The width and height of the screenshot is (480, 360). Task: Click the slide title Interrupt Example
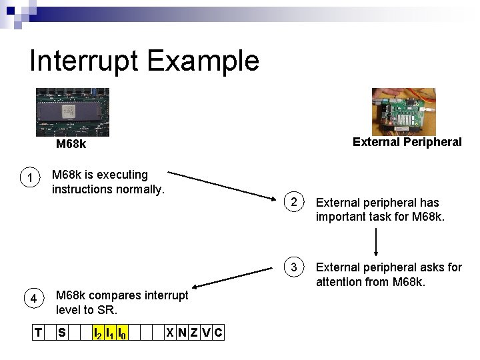[x=144, y=61]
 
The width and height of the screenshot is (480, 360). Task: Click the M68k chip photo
[x=72, y=112]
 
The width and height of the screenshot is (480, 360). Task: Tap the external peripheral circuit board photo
[x=403, y=112]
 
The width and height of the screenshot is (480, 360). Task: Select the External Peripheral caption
[x=407, y=142]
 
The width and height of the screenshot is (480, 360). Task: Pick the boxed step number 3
[x=293, y=267]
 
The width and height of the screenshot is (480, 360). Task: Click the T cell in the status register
[x=39, y=332]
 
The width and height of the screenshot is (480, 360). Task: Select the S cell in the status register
[x=61, y=332]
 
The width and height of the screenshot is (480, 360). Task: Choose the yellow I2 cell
[x=97, y=332]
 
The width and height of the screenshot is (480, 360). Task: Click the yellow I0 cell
[x=122, y=332]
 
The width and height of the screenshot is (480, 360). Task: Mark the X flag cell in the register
[x=170, y=332]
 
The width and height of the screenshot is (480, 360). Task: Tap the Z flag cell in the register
[x=194, y=332]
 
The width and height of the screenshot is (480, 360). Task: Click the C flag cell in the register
[x=218, y=332]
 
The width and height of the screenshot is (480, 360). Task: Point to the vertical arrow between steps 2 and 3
[x=377, y=242]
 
